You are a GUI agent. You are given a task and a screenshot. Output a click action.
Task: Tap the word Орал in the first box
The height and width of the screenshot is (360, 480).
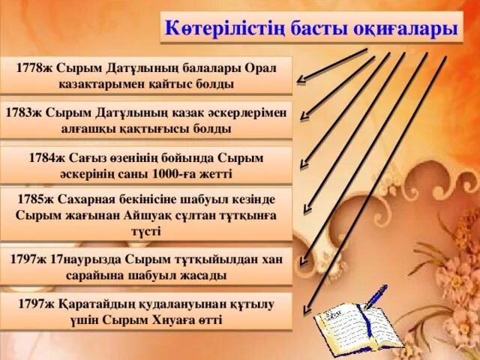pos(259,67)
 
